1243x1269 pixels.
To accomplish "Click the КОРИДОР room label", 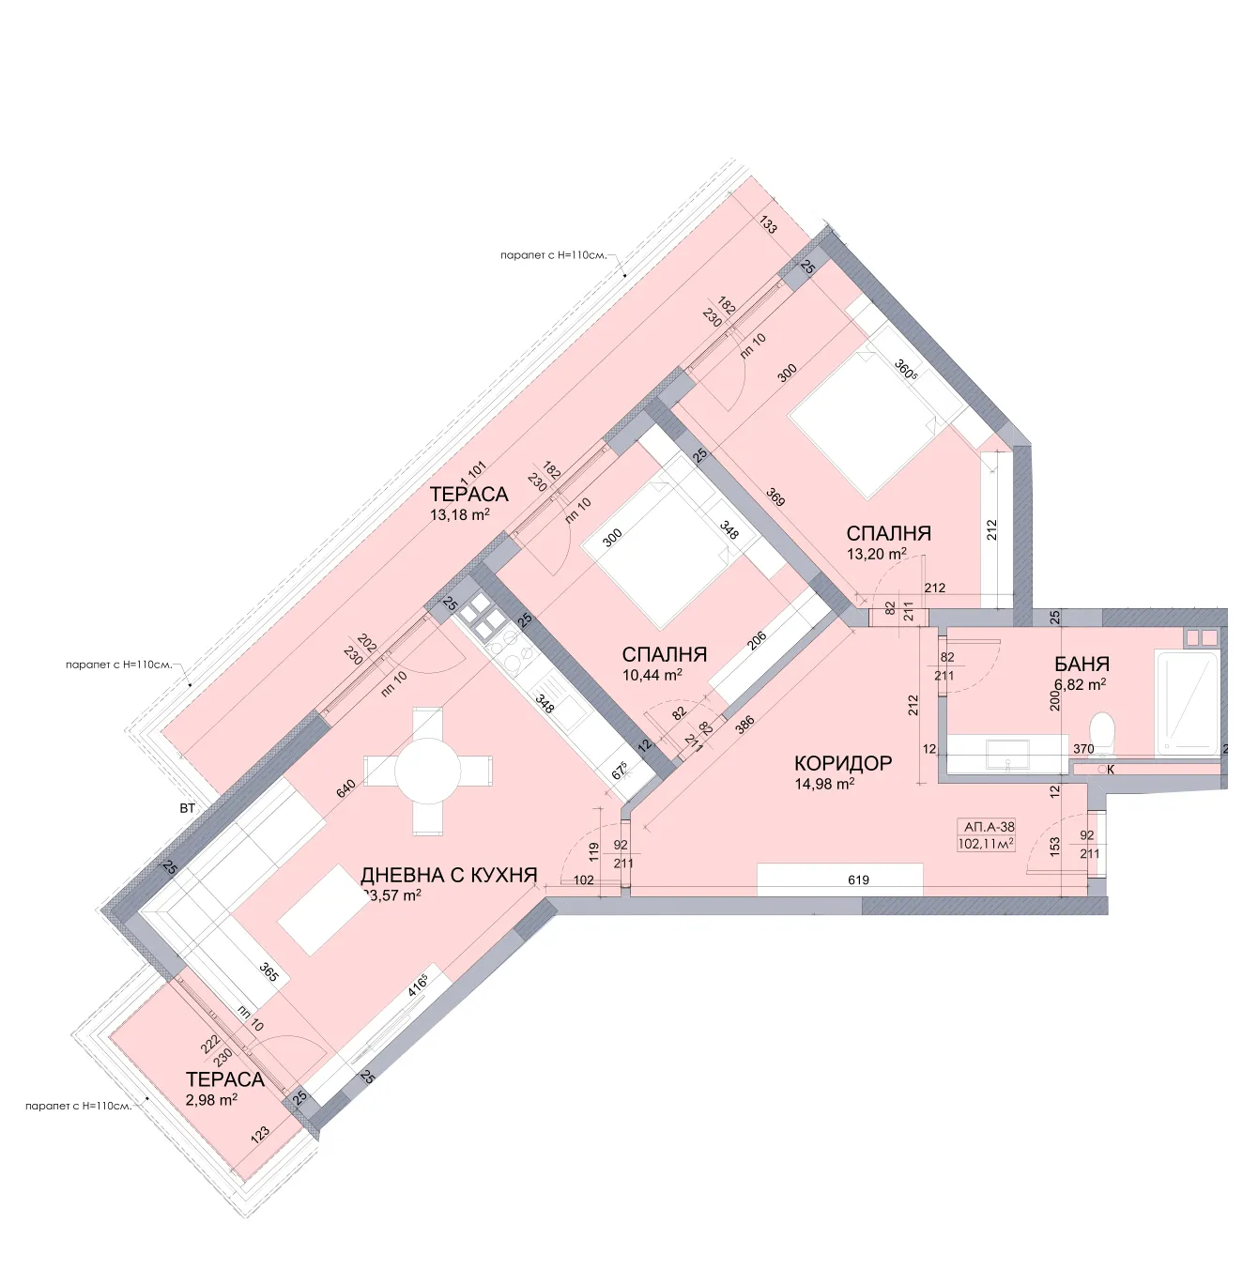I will (842, 763).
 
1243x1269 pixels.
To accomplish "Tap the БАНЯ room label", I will (1082, 665).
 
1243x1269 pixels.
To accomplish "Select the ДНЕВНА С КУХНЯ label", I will (449, 875).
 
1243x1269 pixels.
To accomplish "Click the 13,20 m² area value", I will (876, 554).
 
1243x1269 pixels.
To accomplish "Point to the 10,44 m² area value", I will (652, 675).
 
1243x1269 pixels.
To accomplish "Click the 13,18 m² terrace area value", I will (459, 514).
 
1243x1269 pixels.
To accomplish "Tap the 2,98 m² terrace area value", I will (211, 1100).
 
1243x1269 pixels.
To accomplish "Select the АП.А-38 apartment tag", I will (989, 827).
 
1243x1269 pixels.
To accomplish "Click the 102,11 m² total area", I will (985, 844).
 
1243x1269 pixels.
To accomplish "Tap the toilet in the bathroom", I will (1102, 732).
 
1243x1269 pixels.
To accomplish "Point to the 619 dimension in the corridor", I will (858, 880).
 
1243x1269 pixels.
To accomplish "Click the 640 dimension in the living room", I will (345, 788).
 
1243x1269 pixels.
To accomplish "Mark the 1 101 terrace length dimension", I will (474, 469).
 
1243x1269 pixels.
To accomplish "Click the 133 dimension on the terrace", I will (768, 225).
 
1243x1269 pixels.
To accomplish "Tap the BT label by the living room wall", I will (188, 808).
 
